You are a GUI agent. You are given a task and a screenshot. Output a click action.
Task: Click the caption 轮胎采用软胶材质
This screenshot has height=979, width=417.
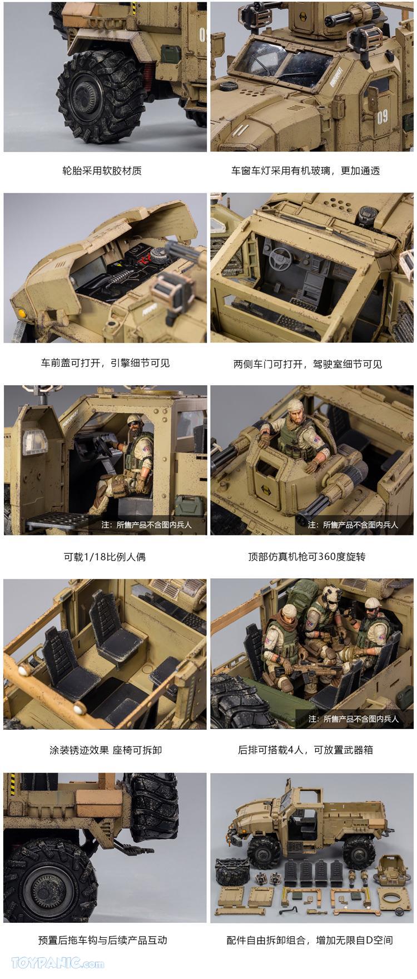102,171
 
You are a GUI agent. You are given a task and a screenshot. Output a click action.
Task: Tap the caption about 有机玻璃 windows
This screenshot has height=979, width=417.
305,171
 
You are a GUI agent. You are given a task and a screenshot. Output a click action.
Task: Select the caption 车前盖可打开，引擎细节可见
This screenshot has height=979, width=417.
105,363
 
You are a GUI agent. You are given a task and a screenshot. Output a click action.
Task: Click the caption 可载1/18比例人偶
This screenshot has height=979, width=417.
105,557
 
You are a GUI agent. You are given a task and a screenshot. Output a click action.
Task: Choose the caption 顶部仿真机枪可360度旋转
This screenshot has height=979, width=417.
306,557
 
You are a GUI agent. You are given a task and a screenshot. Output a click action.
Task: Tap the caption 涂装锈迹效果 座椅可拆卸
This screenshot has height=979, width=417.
106,750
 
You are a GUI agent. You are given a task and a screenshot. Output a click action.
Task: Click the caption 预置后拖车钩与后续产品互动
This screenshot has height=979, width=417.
102,940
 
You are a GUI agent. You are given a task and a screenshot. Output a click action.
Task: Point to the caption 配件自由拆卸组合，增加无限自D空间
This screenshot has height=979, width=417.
310,940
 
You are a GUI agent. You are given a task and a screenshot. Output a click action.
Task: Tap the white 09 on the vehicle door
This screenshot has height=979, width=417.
382,116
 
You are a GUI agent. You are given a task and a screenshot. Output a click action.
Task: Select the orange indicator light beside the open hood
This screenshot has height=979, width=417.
23,313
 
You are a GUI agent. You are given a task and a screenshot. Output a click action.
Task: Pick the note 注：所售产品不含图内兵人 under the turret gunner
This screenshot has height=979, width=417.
353,524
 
